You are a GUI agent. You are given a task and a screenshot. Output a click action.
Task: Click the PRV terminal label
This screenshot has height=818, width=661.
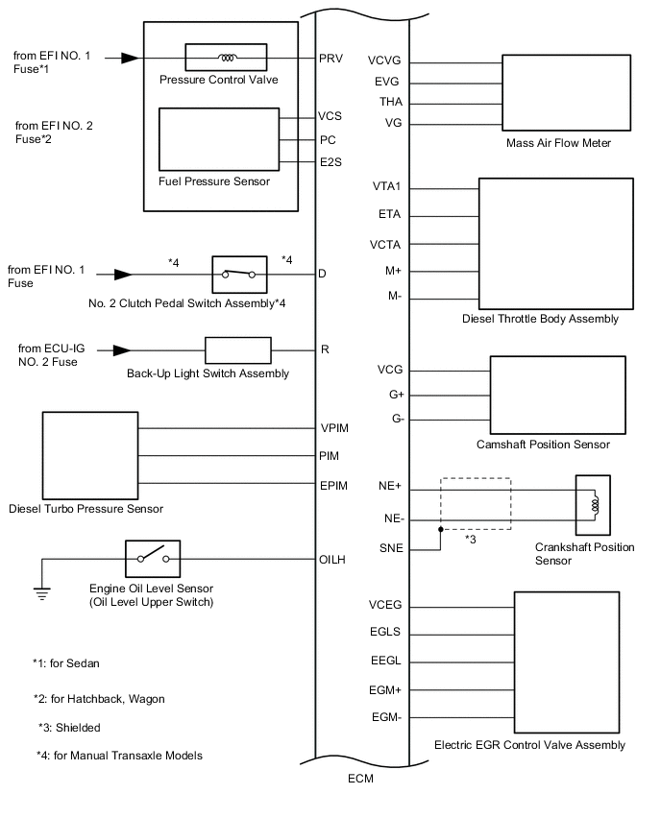pos(330,58)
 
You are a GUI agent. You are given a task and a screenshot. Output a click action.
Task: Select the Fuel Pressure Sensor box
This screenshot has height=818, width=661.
pos(219,138)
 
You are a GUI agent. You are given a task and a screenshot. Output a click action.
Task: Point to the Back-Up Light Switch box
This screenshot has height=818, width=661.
pos(238,350)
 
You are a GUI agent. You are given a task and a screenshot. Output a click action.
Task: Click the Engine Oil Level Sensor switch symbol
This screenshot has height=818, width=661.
pos(153,558)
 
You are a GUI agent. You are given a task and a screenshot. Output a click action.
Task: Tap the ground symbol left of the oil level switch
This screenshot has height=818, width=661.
pos(41,592)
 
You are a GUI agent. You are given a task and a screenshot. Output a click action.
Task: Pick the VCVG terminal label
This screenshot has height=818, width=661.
pos(384,62)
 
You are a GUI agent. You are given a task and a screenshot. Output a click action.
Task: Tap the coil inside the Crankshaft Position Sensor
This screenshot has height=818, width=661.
pos(595,505)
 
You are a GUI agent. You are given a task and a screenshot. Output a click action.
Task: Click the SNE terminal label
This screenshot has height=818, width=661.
pos(390,547)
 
